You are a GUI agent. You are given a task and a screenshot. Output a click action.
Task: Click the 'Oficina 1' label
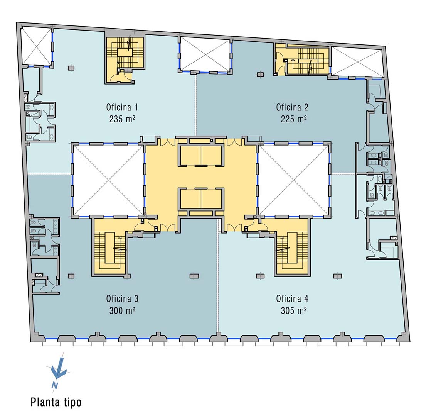pos(122,107)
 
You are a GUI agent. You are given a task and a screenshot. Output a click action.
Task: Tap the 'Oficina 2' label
pos(292,107)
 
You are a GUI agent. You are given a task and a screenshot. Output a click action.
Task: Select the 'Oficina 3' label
pos(122,299)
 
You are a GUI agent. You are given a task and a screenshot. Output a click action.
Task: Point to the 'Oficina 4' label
pos(292,299)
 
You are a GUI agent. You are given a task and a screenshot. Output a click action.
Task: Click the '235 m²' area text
pos(122,119)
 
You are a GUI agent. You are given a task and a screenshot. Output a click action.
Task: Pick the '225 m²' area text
pos(294,119)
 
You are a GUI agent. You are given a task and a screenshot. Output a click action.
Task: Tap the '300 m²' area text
pos(122,310)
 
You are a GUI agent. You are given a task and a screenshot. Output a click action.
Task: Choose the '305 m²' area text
pos(294,310)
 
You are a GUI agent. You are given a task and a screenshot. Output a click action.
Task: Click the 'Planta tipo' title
pos(56,402)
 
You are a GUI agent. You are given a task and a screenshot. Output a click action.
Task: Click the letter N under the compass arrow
pos(55,385)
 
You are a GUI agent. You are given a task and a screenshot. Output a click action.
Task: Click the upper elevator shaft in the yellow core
pos(201,155)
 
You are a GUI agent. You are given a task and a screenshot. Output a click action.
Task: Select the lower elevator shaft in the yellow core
pos(201,198)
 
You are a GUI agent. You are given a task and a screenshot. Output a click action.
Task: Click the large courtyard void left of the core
pos(108,180)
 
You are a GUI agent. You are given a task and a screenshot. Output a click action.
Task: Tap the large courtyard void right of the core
pos(294,180)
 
